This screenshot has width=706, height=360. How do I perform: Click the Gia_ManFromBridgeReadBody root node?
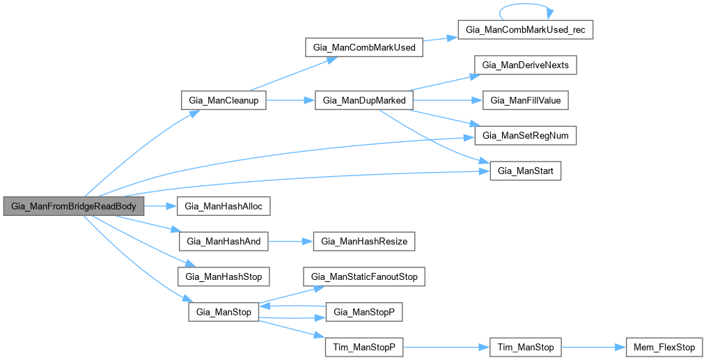pyautogui.click(x=74, y=206)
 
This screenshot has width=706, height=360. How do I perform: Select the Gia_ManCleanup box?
pyautogui.click(x=223, y=101)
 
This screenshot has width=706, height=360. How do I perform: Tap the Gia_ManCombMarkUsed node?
pyautogui.click(x=365, y=48)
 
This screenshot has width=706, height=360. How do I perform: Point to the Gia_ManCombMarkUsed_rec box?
pyautogui.click(x=526, y=31)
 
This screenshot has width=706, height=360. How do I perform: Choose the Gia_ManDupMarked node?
pyautogui.click(x=365, y=101)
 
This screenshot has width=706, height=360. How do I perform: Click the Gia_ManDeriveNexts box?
pyautogui.click(x=526, y=65)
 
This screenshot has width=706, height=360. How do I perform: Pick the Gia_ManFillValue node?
pyautogui.click(x=526, y=101)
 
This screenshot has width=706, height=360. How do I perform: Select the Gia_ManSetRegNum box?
pyautogui.click(x=526, y=136)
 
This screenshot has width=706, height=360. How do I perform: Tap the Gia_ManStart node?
pyautogui.click(x=526, y=171)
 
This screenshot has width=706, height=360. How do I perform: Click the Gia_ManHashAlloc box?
pyautogui.click(x=223, y=206)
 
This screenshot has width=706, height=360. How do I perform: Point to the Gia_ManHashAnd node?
pyautogui.click(x=223, y=242)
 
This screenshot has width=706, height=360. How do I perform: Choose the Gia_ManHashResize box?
pyautogui.click(x=365, y=242)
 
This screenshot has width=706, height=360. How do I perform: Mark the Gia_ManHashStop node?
pyautogui.click(x=223, y=276)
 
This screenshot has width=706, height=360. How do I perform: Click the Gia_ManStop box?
pyautogui.click(x=223, y=312)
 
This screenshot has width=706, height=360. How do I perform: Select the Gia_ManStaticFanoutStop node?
pyautogui.click(x=365, y=276)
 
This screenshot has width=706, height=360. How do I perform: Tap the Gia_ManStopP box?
pyautogui.click(x=365, y=312)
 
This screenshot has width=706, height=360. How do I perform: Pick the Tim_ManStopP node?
pyautogui.click(x=365, y=347)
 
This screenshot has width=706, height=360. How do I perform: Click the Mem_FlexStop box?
pyautogui.click(x=664, y=347)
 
